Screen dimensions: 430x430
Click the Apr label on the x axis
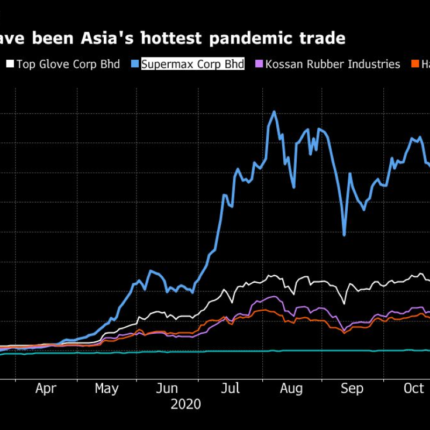click(x=46, y=388)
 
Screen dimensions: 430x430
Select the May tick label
click(x=107, y=388)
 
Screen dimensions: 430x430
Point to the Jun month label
click(x=170, y=388)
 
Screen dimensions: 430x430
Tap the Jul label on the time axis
click(x=230, y=388)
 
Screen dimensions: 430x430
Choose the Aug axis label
click(x=292, y=388)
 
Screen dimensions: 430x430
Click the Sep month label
click(x=353, y=388)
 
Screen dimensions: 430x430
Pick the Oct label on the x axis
click(x=414, y=388)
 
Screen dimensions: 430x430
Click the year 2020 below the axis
click(x=185, y=404)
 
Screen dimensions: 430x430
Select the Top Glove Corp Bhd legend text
click(x=68, y=64)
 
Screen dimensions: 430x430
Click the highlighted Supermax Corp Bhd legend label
click(x=192, y=64)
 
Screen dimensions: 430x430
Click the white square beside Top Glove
click(x=10, y=64)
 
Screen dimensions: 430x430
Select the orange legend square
click(x=415, y=64)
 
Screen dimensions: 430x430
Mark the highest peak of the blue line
click(x=274, y=112)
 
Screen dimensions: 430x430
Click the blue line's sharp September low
click(x=344, y=235)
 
